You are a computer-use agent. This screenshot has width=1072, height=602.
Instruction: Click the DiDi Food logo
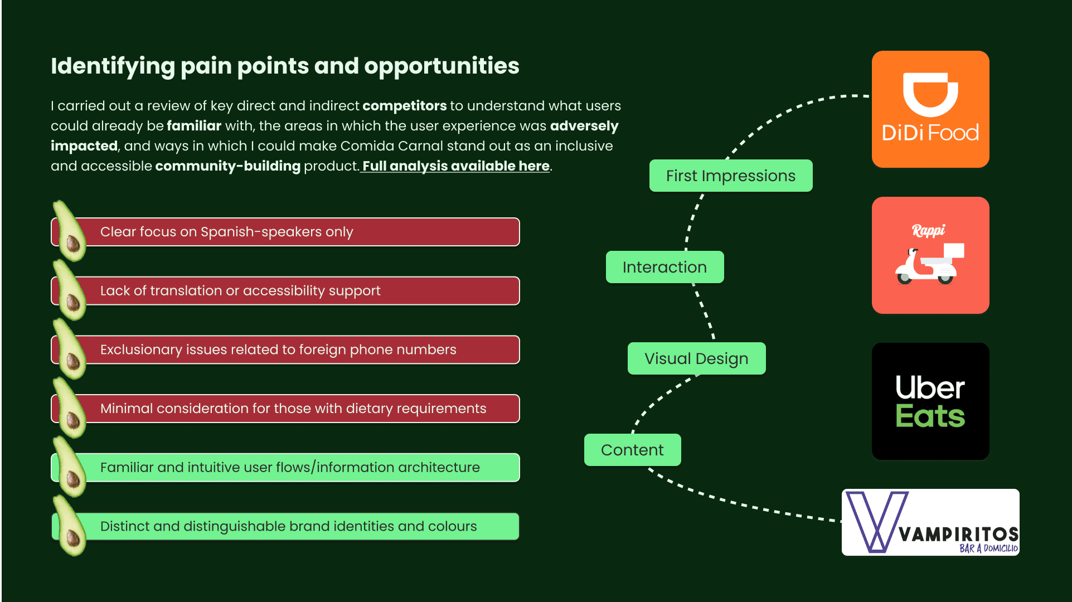tap(930, 109)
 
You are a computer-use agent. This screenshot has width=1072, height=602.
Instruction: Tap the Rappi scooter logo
tap(930, 255)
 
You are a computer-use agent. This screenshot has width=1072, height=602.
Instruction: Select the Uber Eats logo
tap(930, 401)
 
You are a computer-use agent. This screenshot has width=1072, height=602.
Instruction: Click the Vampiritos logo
tap(930, 522)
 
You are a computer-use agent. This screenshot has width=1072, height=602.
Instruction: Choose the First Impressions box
tap(731, 176)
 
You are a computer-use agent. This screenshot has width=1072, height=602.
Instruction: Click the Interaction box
tap(664, 267)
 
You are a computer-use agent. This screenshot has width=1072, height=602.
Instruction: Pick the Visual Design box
tap(696, 358)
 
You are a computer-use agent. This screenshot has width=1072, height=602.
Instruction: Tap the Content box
tap(632, 450)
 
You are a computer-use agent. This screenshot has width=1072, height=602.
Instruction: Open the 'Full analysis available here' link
tap(456, 166)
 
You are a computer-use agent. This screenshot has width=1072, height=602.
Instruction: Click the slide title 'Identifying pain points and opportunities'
tap(285, 66)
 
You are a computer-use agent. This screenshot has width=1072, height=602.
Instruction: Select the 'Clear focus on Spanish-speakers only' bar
tap(285, 232)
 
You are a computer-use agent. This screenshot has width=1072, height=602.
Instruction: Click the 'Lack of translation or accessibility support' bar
tap(285, 291)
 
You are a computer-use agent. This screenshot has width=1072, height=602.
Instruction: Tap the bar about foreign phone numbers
tap(285, 349)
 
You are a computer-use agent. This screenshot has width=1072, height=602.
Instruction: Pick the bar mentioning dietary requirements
tap(285, 409)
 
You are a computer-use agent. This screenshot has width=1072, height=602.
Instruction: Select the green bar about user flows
tap(285, 468)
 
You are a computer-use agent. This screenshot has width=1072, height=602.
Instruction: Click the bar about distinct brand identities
tap(285, 526)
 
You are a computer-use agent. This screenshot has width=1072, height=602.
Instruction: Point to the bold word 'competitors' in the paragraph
tap(405, 106)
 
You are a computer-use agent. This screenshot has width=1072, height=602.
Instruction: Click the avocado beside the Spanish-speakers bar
tap(69, 231)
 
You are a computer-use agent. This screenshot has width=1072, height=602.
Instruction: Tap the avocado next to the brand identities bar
tap(69, 526)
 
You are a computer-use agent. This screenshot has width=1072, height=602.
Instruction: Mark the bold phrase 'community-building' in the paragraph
tap(227, 166)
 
